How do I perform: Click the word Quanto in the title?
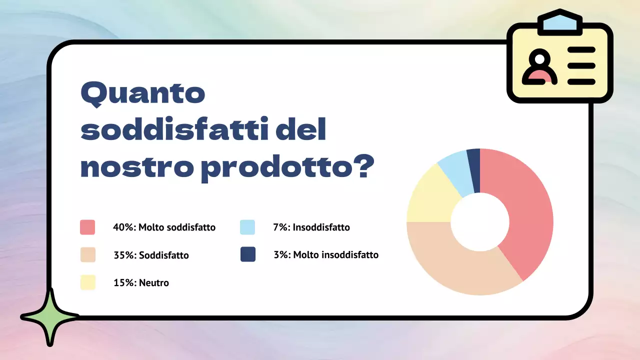pyautogui.click(x=143, y=94)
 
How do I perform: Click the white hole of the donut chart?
pyautogui.click(x=480, y=222)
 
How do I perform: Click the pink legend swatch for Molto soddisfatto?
pyautogui.click(x=87, y=227)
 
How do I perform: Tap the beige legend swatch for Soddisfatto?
pyautogui.click(x=87, y=255)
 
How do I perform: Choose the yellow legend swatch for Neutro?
pyautogui.click(x=87, y=282)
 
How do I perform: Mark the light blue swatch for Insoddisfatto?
pyautogui.click(x=247, y=227)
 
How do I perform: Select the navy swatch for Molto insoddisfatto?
pyautogui.click(x=247, y=254)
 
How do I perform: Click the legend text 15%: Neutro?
pyautogui.click(x=141, y=283)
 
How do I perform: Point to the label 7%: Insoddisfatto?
pyautogui.click(x=311, y=227)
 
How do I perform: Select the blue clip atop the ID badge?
pyautogui.click(x=559, y=22)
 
